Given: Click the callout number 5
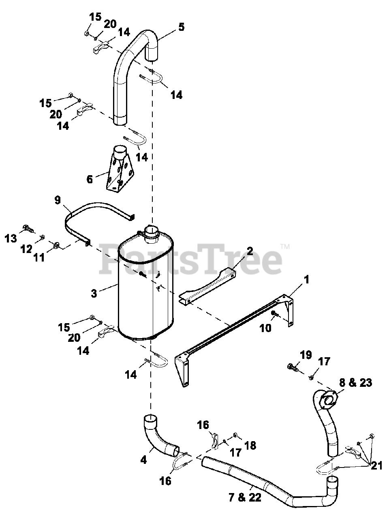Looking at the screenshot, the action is [181, 27].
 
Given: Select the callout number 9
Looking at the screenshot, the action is [58, 199].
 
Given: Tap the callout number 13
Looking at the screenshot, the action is [11, 238].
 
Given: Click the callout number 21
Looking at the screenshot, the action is [377, 466].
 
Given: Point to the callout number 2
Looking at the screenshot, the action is [250, 251].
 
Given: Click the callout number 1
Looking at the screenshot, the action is [306, 279].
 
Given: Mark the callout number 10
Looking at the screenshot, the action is [265, 328].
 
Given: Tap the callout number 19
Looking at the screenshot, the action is [306, 355].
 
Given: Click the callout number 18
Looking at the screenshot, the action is [250, 445].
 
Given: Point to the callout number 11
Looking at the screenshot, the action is [39, 257].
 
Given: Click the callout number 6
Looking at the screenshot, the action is [90, 179].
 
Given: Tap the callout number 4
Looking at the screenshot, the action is [143, 460].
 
